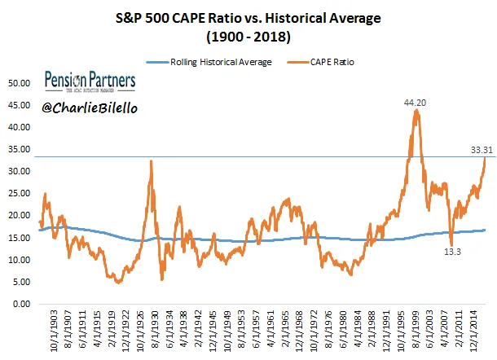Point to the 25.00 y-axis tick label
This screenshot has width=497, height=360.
18,193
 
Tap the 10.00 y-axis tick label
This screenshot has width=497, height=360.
18,260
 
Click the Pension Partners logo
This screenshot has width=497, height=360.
90,81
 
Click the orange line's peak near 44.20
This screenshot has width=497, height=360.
416,110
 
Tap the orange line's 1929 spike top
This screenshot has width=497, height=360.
151,161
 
